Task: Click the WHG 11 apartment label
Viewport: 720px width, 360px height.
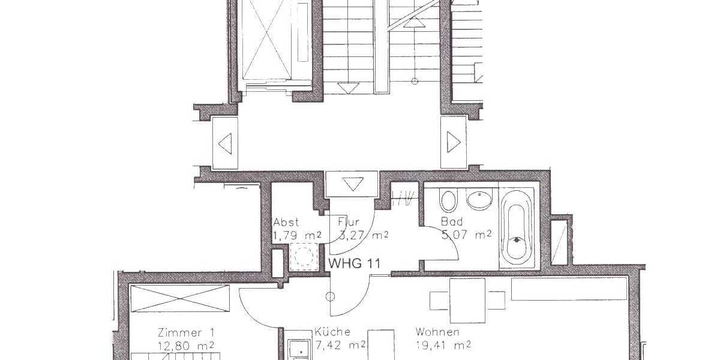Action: (353, 263)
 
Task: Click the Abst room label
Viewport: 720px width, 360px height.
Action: (286, 221)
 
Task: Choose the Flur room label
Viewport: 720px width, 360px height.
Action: (349, 221)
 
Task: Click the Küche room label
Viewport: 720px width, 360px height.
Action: (332, 332)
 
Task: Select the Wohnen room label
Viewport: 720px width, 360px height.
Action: (438, 332)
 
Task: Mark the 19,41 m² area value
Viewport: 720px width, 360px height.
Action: (443, 344)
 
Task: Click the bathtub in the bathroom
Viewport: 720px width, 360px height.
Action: (517, 228)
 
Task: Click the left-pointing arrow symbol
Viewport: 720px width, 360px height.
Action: (225, 143)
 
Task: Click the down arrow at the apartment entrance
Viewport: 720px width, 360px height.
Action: (352, 184)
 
